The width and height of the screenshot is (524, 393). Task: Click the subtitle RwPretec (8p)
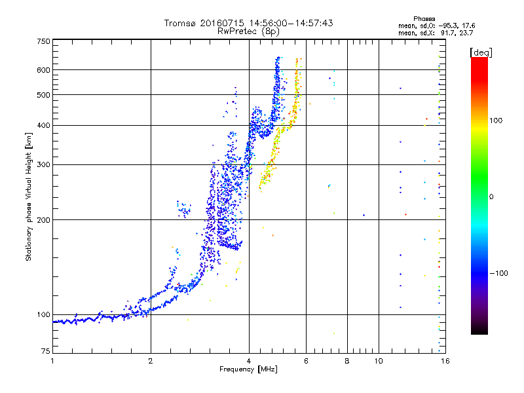(x=248, y=31)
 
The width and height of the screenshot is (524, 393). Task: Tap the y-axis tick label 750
(x=43, y=41)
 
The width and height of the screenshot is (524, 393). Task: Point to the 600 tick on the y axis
(x=43, y=70)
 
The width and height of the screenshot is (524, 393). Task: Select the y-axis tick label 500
(x=43, y=95)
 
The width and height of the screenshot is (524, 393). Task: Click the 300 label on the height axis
(x=43, y=164)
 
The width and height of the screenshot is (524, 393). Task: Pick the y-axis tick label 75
(x=46, y=351)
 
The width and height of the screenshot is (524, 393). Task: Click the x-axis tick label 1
(x=52, y=361)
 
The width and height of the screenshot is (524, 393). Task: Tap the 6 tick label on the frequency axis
(x=306, y=361)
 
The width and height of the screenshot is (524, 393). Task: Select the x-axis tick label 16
(x=445, y=361)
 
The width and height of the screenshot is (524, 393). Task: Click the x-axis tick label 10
(x=379, y=361)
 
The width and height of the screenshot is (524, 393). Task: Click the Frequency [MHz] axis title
(x=248, y=369)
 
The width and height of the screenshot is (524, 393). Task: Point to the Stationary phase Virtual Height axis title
(x=29, y=197)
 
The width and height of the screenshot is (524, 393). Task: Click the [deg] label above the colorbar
(x=481, y=52)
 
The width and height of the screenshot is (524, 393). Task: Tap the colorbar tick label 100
(x=496, y=121)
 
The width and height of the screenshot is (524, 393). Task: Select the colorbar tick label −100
(x=498, y=273)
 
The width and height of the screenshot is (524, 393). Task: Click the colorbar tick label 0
(x=491, y=197)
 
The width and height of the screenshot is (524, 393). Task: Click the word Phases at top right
(x=424, y=19)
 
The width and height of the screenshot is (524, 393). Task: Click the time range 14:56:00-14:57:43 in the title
(x=291, y=23)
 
